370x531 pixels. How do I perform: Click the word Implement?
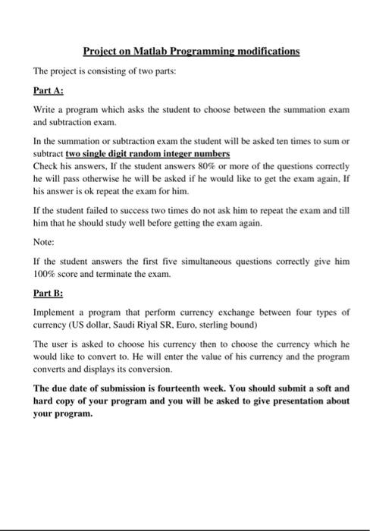[x=55, y=312]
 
